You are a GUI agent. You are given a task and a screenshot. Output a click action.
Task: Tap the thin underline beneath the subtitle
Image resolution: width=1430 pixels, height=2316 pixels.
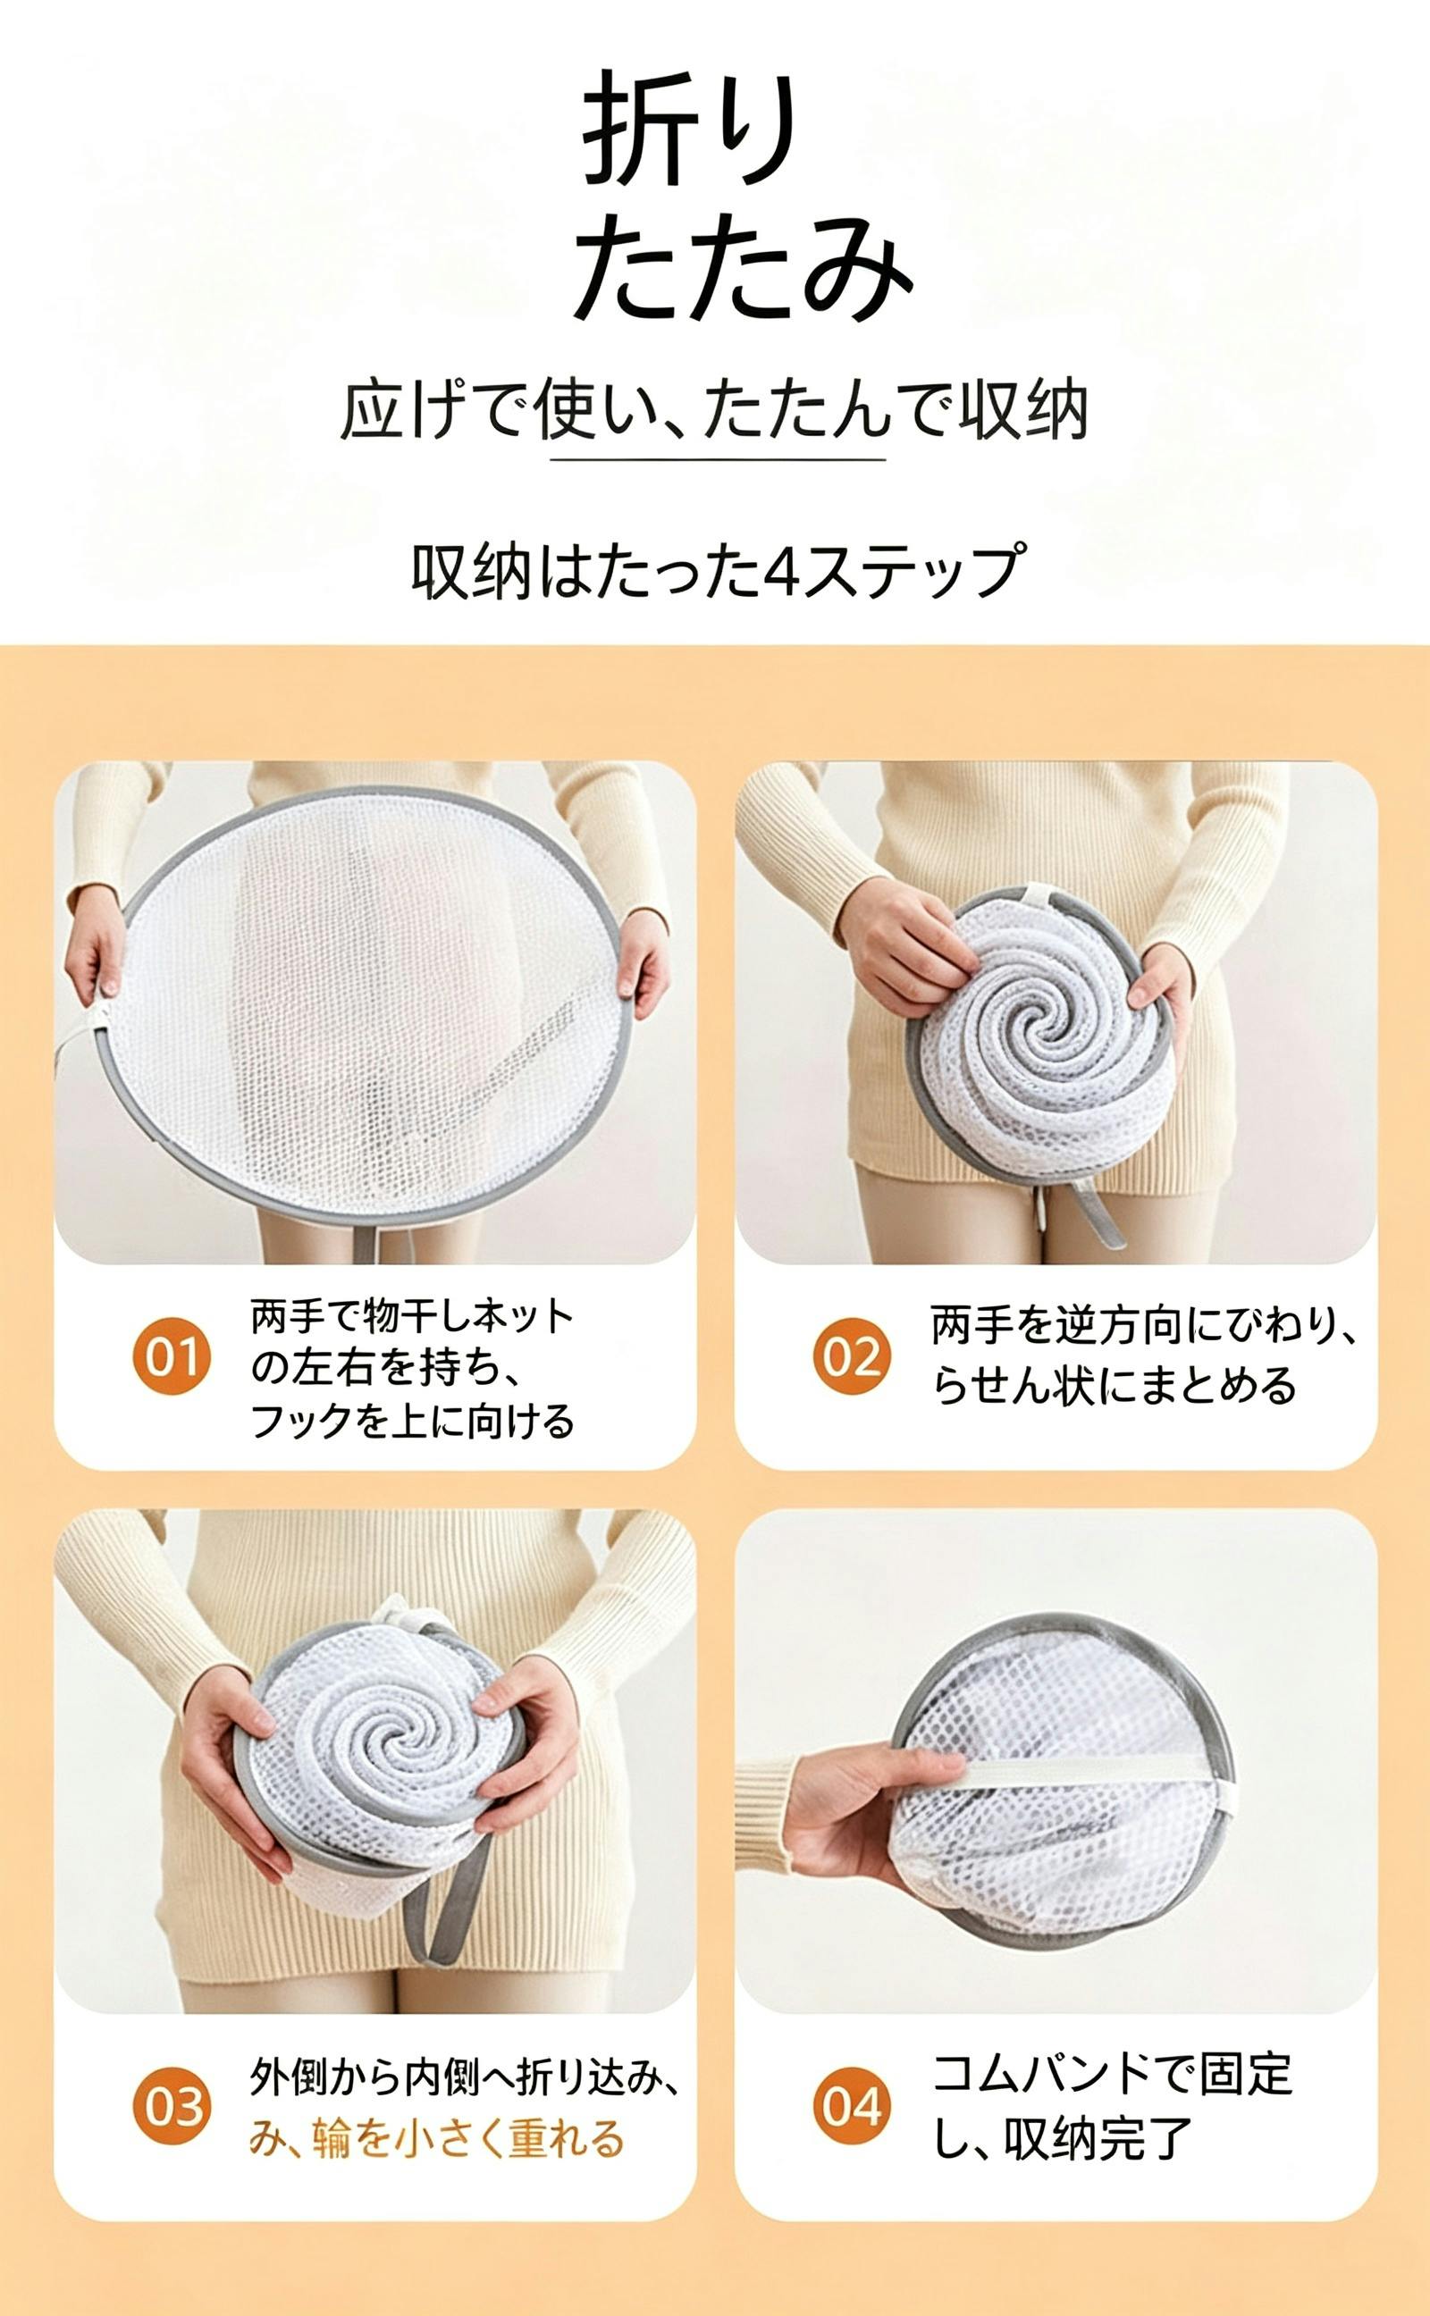pos(718,459)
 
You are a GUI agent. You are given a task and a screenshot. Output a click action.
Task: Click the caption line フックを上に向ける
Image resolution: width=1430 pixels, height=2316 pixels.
pos(412,1421)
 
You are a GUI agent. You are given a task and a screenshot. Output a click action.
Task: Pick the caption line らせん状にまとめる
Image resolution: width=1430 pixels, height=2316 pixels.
pos(1115,1386)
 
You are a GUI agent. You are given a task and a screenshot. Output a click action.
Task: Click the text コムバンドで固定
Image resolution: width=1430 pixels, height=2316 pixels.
pos(1111,2074)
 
